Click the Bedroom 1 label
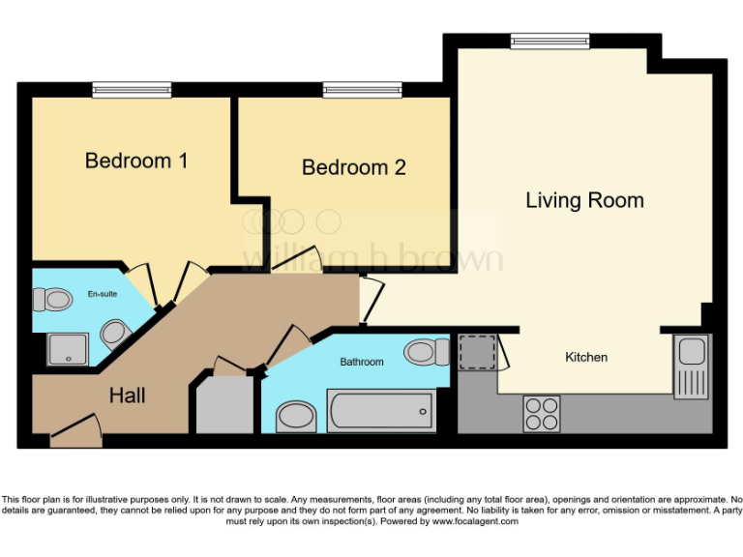[136, 161]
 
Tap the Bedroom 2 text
[353, 167]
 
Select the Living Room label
[584, 200]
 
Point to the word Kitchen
[586, 357]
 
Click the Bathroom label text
[361, 362]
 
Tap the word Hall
[127, 396]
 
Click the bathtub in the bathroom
[380, 412]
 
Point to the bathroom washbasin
[295, 418]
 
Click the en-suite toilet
[58, 300]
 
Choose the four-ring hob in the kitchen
[542, 414]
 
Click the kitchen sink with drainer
[693, 366]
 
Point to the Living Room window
[550, 41]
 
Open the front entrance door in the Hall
[75, 430]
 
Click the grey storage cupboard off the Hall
[223, 405]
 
